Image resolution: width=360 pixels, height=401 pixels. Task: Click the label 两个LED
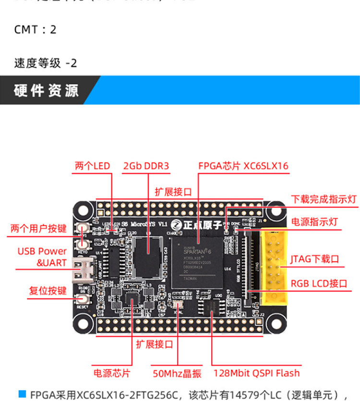[93, 166]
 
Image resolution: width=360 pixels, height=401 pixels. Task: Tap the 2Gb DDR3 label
[146, 166]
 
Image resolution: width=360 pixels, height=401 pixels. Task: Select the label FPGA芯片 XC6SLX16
[243, 166]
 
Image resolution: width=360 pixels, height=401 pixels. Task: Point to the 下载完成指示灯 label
[324, 199]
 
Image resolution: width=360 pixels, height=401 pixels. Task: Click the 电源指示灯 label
[315, 222]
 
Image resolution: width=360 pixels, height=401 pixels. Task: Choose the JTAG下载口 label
[314, 259]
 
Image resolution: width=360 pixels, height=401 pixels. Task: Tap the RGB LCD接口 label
[319, 283]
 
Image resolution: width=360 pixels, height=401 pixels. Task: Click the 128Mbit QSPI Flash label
[256, 373]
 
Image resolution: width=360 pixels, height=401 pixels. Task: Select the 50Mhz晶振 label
[177, 373]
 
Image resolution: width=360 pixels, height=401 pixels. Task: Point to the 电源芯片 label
[111, 373]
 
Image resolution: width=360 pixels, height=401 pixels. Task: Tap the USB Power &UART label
[42, 257]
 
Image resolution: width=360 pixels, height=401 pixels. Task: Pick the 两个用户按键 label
[38, 229]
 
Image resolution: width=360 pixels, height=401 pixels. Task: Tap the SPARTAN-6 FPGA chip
[198, 262]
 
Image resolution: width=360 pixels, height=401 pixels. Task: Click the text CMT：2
[35, 29]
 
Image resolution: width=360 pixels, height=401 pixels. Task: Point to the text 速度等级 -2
[46, 63]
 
